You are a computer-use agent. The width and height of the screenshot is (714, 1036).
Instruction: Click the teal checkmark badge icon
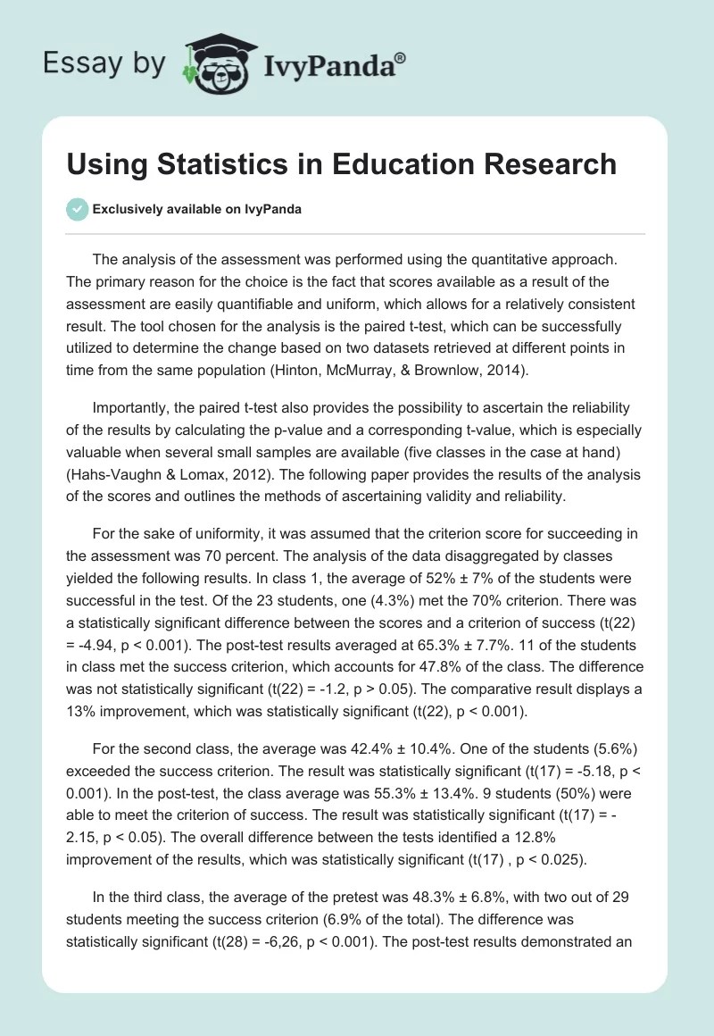[78, 210]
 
